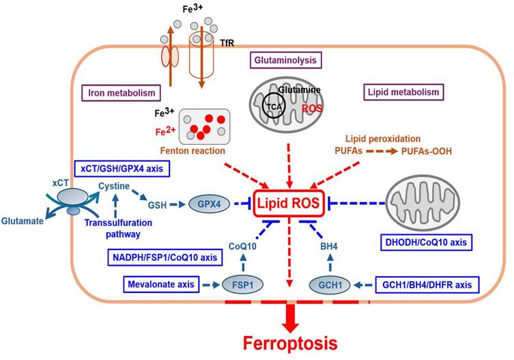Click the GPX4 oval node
(203, 204)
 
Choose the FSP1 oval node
(244, 282)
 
